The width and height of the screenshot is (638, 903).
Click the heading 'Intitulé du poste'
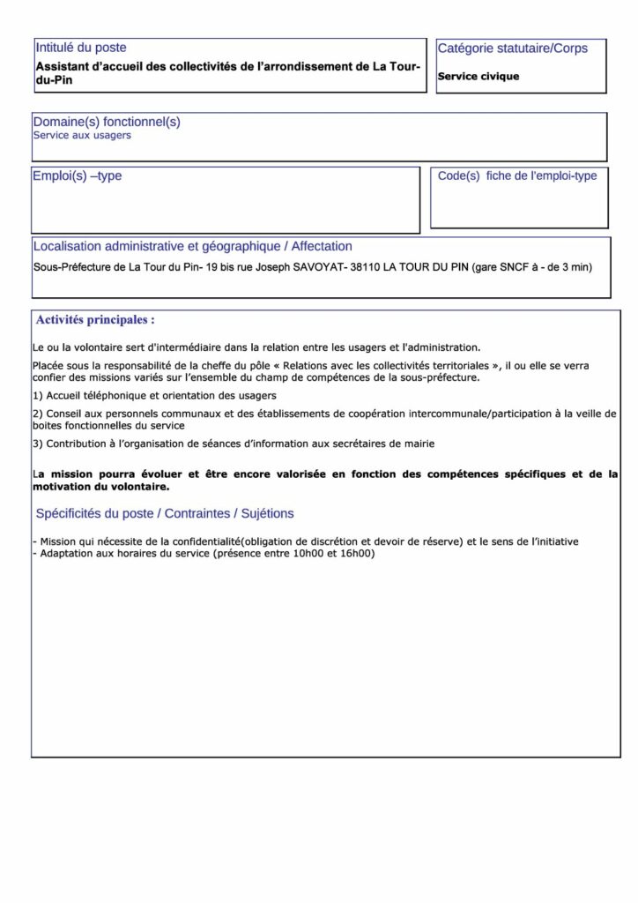[x=80, y=48]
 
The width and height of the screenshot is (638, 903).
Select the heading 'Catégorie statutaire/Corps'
[x=512, y=48]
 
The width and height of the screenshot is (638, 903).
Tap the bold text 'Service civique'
[x=478, y=77]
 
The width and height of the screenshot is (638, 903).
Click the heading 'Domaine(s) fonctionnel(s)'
[x=107, y=122]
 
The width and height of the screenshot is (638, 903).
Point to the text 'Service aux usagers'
[x=82, y=136]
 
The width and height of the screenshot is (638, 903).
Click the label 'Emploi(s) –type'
[x=78, y=175]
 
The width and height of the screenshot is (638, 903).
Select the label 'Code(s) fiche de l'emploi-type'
[x=517, y=175]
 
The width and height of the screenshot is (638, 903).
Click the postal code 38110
[x=364, y=265]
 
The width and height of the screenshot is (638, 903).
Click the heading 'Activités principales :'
[x=95, y=318]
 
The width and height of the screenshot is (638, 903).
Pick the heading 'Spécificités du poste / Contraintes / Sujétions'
[x=165, y=513]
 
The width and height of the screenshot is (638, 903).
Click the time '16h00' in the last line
[x=357, y=553]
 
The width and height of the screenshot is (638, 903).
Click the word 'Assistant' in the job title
[x=66, y=67]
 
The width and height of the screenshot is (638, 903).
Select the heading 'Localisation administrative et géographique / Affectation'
[x=192, y=246]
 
